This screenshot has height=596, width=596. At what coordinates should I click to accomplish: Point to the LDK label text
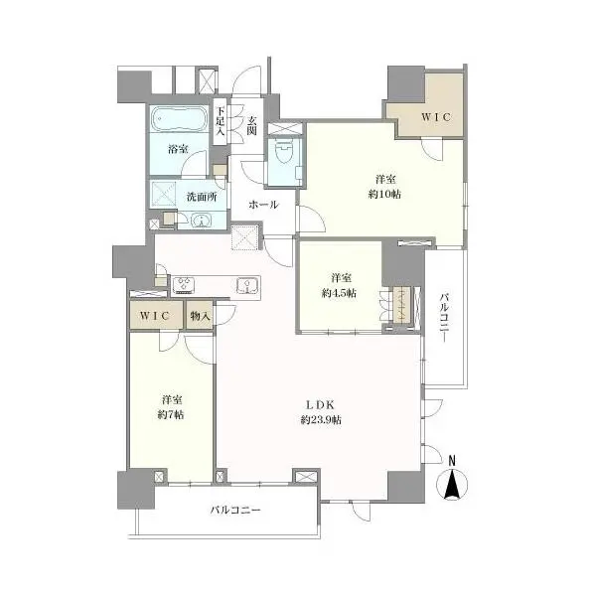[x=319, y=405]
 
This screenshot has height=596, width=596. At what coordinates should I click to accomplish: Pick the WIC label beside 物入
[x=156, y=316]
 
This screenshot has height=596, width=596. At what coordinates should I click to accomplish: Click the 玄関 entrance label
[x=252, y=126]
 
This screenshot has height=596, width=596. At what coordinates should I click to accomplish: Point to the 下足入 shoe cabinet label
[x=221, y=123]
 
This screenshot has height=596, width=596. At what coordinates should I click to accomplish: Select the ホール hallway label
[x=263, y=205]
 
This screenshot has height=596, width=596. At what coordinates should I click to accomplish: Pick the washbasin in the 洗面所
[x=201, y=221]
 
